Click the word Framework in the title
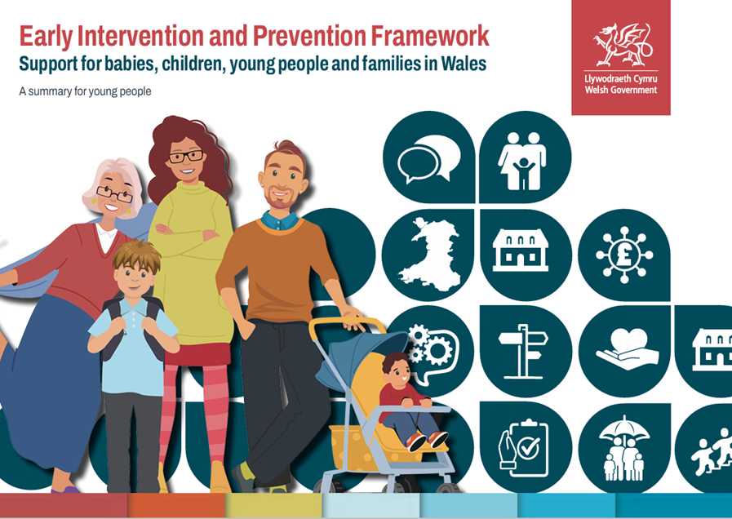431,37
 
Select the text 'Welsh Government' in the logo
620,90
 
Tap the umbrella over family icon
623,449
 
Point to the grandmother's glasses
113,194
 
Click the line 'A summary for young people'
85,91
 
